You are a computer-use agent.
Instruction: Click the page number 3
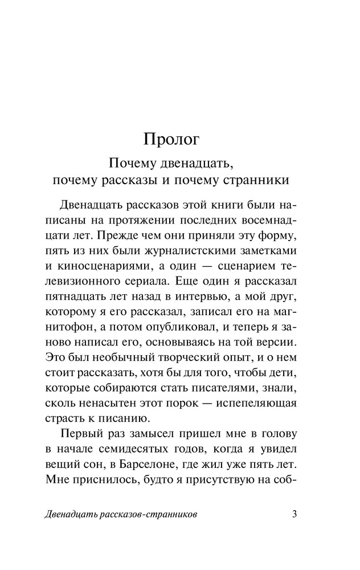tap(294, 515)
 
